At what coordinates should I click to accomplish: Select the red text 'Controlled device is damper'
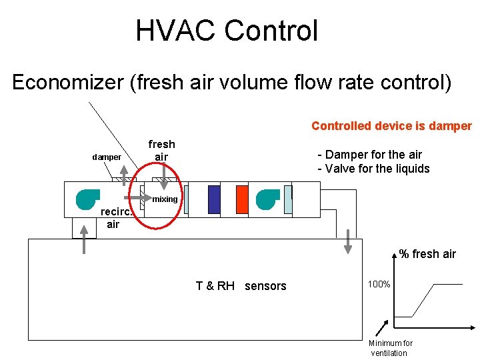click(391, 126)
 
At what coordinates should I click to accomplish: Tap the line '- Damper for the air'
click(369, 155)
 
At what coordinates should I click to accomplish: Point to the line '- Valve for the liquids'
click(373, 169)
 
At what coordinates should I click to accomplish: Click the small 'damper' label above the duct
click(106, 157)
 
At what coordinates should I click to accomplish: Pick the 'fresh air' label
click(161, 150)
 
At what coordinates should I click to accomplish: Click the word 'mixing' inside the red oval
click(165, 199)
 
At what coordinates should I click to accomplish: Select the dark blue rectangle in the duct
click(214, 199)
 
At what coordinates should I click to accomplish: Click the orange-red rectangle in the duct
click(242, 199)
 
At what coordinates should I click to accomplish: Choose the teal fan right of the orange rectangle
click(268, 199)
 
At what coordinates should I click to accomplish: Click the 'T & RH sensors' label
click(241, 286)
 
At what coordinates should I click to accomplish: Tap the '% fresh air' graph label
click(427, 253)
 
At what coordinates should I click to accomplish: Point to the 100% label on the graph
click(379, 285)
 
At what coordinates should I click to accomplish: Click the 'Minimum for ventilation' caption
click(391, 348)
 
